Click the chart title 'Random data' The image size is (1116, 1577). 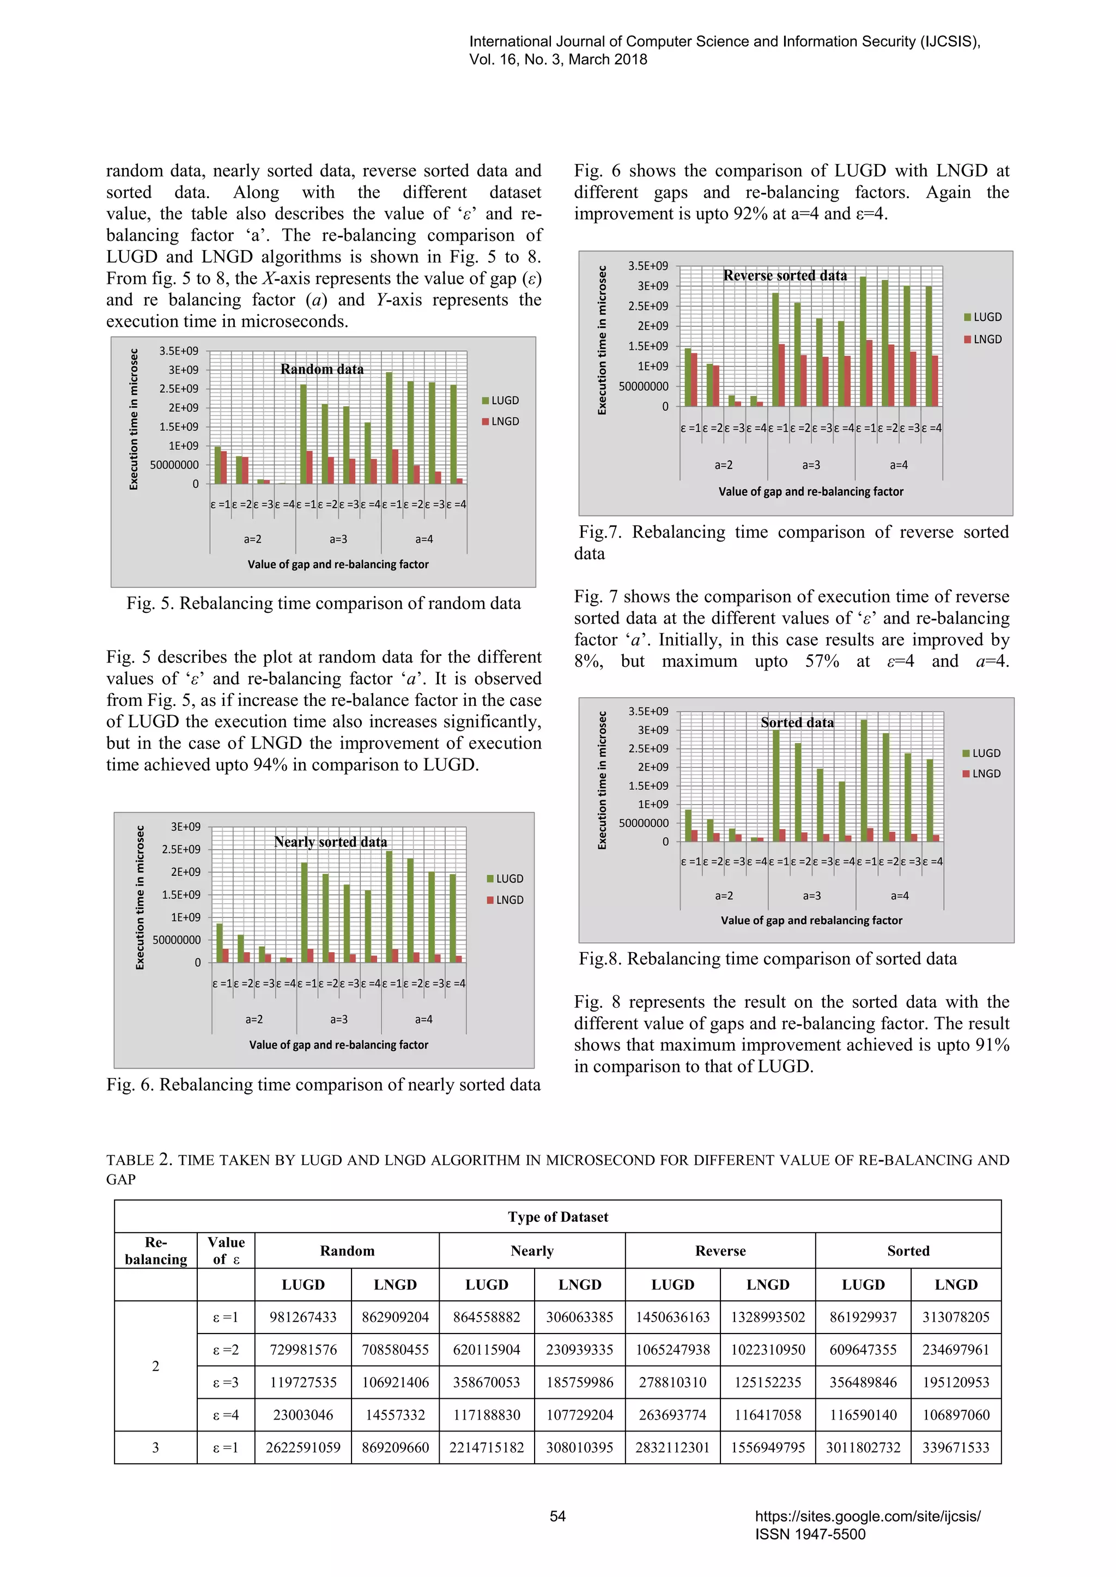pos(322,369)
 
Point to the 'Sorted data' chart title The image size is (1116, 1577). pos(797,722)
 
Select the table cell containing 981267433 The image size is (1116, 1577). pos(303,1317)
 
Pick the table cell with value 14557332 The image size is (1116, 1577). pos(395,1415)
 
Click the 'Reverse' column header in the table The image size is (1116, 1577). pos(720,1251)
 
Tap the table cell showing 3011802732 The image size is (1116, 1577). pos(863,1447)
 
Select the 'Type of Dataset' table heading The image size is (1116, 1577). pos(558,1217)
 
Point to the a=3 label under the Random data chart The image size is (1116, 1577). pos(338,539)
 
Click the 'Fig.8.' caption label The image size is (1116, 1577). pos(600,959)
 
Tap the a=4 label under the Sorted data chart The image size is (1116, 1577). pos(900,896)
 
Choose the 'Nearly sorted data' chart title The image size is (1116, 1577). pos(331,842)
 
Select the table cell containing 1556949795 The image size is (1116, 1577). pos(768,1447)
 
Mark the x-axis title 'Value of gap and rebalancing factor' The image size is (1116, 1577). pos(811,921)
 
